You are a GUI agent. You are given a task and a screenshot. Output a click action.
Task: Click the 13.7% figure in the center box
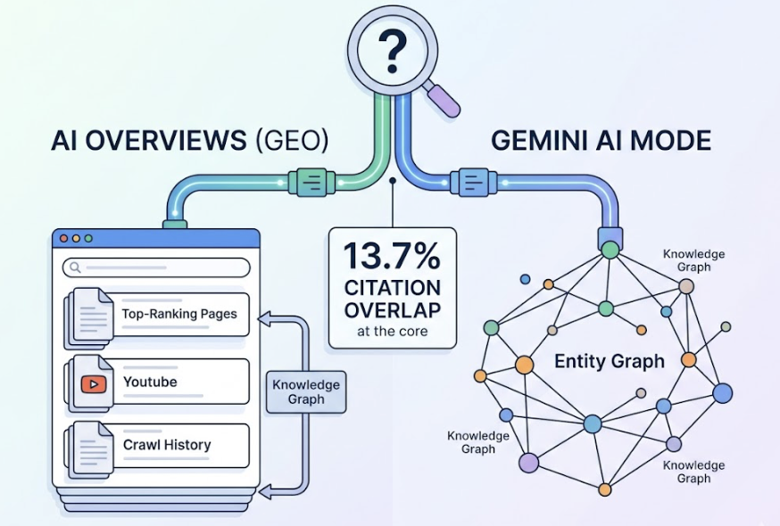point(393,258)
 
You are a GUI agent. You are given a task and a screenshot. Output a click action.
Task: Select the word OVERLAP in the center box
point(393,310)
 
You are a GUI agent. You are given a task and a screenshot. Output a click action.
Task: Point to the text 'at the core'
point(393,332)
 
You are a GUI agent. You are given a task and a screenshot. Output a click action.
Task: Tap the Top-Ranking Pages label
point(179,314)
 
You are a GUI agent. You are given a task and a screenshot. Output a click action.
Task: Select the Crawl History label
point(167,444)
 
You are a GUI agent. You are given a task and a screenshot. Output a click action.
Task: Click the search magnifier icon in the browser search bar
point(75,267)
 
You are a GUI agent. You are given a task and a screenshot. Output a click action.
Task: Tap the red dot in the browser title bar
point(62,239)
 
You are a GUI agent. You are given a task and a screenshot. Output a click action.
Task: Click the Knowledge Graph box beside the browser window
point(306,392)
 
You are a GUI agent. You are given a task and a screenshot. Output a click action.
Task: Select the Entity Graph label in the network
point(609,361)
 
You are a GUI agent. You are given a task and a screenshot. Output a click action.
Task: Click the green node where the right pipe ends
point(610,250)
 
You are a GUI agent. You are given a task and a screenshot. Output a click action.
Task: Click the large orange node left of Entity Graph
point(524,364)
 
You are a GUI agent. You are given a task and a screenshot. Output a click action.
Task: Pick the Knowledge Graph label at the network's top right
point(693,260)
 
